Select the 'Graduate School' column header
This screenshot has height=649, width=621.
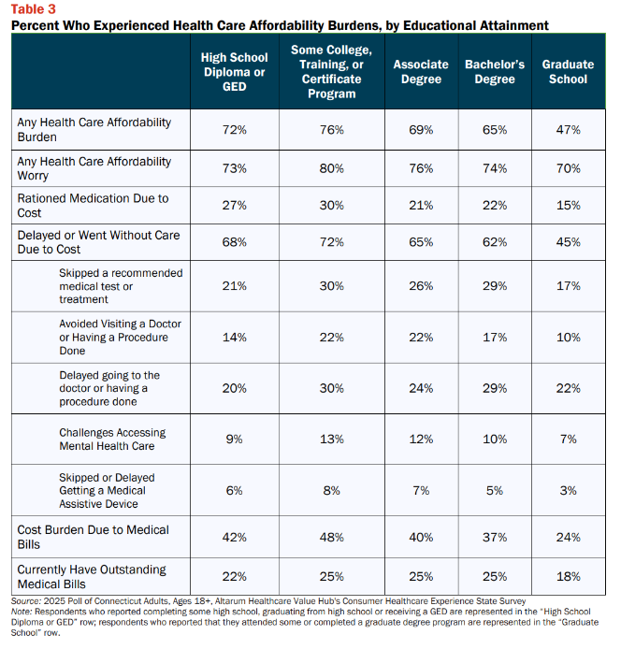click(x=568, y=72)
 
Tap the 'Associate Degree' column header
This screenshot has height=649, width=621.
click(x=421, y=72)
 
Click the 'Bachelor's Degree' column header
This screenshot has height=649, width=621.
click(x=495, y=72)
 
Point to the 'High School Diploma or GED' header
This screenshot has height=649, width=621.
click(x=235, y=72)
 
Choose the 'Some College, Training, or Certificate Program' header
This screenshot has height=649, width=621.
click(x=332, y=72)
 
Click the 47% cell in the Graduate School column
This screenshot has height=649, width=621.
click(x=568, y=130)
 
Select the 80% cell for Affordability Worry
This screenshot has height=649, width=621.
click(x=332, y=168)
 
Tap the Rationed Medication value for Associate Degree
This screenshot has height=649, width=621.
click(x=421, y=206)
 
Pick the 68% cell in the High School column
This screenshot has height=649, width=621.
click(x=235, y=242)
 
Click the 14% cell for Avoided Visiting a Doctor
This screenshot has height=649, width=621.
click(x=235, y=338)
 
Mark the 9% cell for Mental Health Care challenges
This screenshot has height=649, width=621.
click(x=235, y=440)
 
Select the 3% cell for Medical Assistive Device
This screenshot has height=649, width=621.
click(x=568, y=490)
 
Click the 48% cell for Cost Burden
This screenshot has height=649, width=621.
click(x=332, y=537)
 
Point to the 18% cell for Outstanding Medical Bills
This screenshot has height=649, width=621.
click(x=568, y=577)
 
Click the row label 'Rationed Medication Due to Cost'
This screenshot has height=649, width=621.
click(x=93, y=206)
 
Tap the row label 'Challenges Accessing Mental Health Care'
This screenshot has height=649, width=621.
click(x=112, y=440)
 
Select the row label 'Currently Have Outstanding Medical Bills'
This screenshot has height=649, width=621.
click(x=92, y=577)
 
